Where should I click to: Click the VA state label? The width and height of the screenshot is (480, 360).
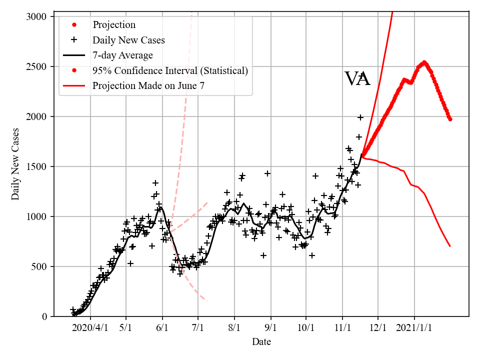tap(357, 79)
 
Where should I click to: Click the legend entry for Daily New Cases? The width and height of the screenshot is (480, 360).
tap(128, 40)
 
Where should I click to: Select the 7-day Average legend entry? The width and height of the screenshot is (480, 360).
tap(122, 55)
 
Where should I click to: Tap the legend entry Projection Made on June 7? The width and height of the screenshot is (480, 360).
tap(148, 86)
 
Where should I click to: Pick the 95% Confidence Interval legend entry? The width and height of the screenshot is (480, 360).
tap(170, 70)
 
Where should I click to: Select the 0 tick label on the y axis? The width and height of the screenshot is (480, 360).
tap(44, 316)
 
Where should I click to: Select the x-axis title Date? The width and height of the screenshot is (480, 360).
tap(261, 342)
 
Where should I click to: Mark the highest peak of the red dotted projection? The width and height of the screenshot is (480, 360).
tap(424, 62)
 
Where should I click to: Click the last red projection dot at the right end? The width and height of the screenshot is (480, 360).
tap(450, 119)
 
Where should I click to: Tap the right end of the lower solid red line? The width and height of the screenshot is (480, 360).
tap(450, 246)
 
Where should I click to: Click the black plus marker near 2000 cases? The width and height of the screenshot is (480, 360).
tap(360, 117)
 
